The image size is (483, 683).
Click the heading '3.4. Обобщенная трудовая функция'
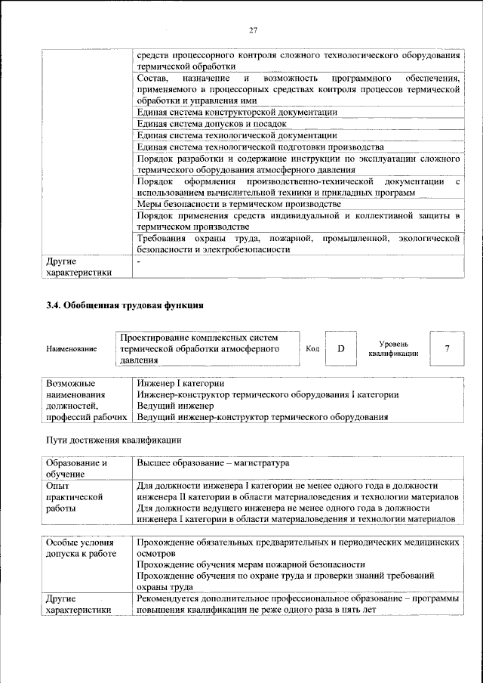[x=125, y=305]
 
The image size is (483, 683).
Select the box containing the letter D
[x=340, y=348]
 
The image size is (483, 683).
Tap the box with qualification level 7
[x=448, y=348]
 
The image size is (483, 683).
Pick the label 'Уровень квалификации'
[x=393, y=348]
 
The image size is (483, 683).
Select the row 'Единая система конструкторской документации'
[x=236, y=112]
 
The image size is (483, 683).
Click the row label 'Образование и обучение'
[x=76, y=468]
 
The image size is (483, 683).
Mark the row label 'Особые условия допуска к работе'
[x=81, y=549]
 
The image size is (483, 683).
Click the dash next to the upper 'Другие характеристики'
[x=139, y=261]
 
